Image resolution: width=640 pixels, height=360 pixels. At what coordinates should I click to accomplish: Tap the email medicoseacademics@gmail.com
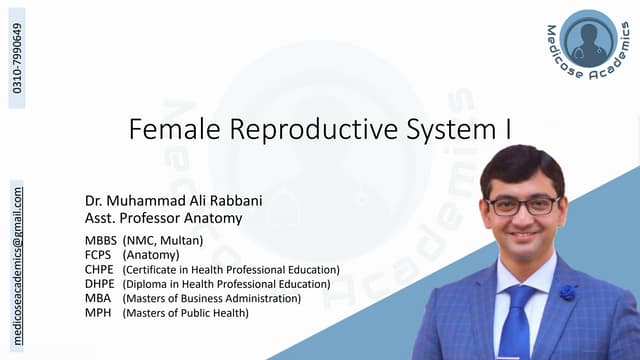click(17, 251)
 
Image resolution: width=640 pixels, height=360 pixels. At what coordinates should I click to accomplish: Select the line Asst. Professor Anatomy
click(164, 218)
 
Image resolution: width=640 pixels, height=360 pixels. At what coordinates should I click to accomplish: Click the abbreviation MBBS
click(100, 241)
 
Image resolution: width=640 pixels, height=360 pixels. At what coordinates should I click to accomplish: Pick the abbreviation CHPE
click(99, 270)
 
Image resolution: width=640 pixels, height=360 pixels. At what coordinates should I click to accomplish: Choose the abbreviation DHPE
click(99, 284)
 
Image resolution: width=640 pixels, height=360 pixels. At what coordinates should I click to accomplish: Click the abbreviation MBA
click(97, 299)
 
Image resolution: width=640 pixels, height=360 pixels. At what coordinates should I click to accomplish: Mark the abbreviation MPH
click(97, 313)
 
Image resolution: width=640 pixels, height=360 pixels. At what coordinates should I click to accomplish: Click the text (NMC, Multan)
click(163, 241)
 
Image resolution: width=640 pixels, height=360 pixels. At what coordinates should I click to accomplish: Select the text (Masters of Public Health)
click(185, 313)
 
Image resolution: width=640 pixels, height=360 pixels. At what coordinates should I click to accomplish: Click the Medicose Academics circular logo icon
click(589, 40)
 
